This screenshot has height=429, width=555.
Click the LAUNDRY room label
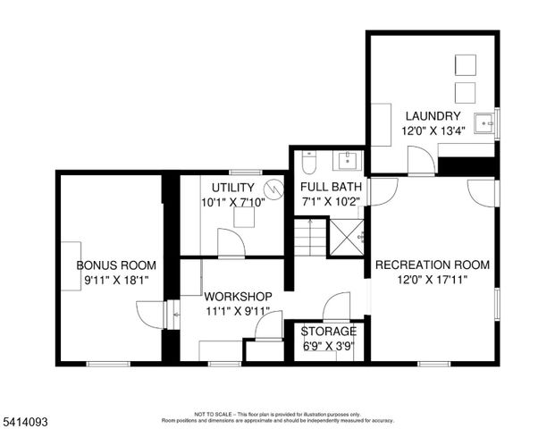click(433, 116)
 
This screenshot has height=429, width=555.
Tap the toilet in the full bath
click(307, 163)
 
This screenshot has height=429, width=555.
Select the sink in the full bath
click(347, 161)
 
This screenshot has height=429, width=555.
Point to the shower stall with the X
click(346, 234)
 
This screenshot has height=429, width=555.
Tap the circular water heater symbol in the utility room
click(276, 188)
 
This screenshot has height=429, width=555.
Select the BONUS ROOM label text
click(116, 265)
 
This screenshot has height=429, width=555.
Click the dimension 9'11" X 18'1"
click(116, 280)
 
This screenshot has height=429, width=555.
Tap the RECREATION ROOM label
click(433, 265)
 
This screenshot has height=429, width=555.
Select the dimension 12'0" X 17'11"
click(433, 280)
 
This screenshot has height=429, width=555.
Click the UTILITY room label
click(233, 187)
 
